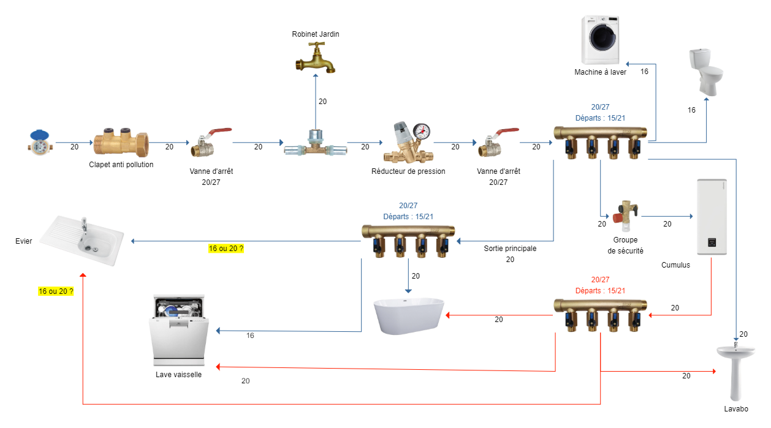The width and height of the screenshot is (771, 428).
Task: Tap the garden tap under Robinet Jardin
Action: click(x=316, y=59)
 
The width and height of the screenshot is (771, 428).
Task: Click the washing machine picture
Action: click(x=601, y=40)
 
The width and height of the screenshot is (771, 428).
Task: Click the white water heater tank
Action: click(x=712, y=217)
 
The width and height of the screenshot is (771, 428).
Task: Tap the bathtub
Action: click(x=409, y=316)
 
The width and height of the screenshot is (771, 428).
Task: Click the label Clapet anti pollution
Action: click(x=121, y=164)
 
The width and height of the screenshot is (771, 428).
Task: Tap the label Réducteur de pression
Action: click(x=408, y=171)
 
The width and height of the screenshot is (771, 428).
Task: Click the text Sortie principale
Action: click(x=510, y=249)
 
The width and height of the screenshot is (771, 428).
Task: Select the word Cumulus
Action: click(x=675, y=265)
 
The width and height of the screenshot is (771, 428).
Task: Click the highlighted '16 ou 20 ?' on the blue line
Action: click(x=226, y=249)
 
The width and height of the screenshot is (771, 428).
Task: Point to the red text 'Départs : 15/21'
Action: click(x=600, y=290)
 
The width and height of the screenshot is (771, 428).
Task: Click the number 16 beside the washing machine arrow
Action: click(x=644, y=72)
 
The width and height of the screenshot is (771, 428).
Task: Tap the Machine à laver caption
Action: click(x=600, y=72)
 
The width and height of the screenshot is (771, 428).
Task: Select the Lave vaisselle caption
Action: click(x=178, y=374)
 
